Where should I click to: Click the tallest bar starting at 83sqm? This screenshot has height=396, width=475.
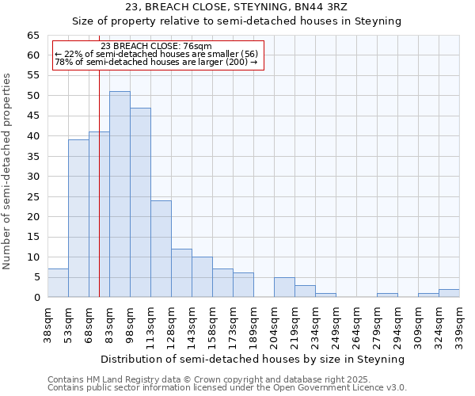pyautogui.click(x=120, y=194)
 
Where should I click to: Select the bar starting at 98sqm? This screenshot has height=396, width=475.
pyautogui.click(x=140, y=202)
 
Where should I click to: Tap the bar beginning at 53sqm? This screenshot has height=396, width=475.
pyautogui.click(x=78, y=218)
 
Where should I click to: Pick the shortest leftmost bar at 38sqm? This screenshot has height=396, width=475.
pyautogui.click(x=58, y=283)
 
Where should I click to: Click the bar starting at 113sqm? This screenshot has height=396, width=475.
pyautogui.click(x=161, y=249)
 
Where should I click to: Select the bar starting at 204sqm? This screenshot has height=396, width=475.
pyautogui.click(x=284, y=287)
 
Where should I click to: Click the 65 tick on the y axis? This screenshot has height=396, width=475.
pyautogui.click(x=33, y=36)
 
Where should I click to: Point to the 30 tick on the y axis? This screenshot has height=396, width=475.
pyautogui.click(x=33, y=177)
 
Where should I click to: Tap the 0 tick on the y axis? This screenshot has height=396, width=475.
pyautogui.click(x=36, y=298)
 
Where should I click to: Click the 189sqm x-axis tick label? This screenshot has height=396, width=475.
pyautogui.click(x=253, y=323)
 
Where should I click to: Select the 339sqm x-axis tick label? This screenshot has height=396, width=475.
pyautogui.click(x=459, y=323)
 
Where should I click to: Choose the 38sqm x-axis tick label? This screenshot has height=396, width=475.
pyautogui.click(x=47, y=323)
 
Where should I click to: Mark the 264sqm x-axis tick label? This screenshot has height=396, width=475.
pyautogui.click(x=356, y=323)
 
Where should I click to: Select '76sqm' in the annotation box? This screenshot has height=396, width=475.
pyautogui.click(x=198, y=47)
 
